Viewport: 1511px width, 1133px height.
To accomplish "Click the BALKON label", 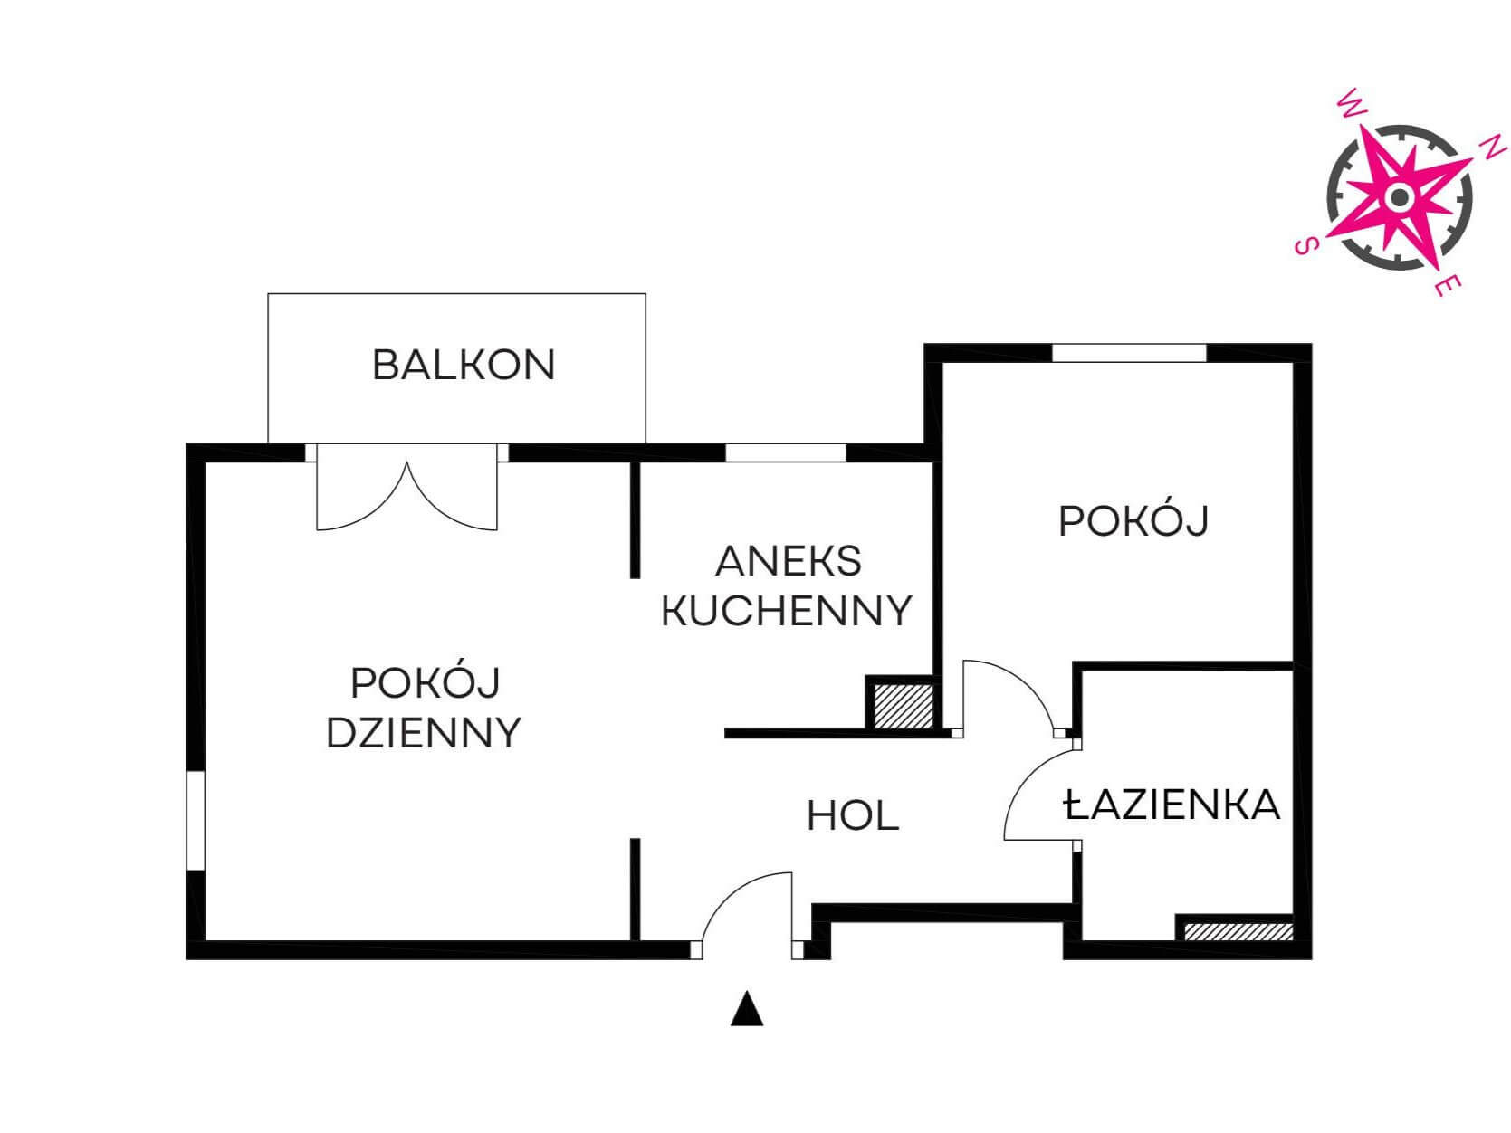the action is point(464,365).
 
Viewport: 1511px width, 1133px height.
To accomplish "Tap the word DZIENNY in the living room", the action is point(424,733).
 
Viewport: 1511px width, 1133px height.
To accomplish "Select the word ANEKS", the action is point(789,561).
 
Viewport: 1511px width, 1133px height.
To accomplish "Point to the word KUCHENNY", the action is point(787,610).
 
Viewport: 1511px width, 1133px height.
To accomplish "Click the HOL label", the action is point(853,816).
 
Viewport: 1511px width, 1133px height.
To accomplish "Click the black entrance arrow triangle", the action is point(747,1008).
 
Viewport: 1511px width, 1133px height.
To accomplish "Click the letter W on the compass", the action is point(1351,104).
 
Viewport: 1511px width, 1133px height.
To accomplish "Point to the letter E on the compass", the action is point(1448,285).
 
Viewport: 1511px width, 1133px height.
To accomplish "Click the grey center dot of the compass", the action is point(1399,197).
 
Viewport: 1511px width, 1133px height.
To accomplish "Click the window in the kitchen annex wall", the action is point(786,452).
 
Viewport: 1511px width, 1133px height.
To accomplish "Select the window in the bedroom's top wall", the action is point(1129,353).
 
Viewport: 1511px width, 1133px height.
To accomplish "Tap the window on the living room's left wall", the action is point(196,821).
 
